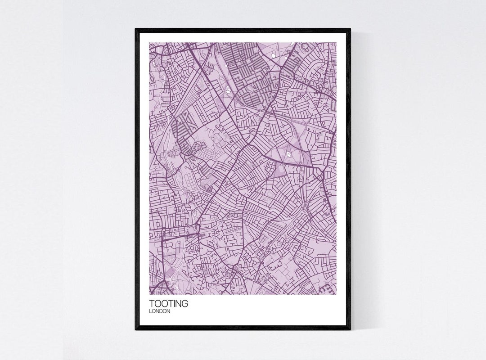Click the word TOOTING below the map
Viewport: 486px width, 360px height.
[169, 304]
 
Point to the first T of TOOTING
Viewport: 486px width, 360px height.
[152, 304]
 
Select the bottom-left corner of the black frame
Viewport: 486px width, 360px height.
[136, 329]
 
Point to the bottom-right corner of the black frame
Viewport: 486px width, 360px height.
[350, 329]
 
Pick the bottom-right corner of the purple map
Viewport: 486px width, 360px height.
[337, 294]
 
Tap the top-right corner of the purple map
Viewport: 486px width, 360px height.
[337, 43]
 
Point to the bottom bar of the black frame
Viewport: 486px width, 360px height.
[243, 328]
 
